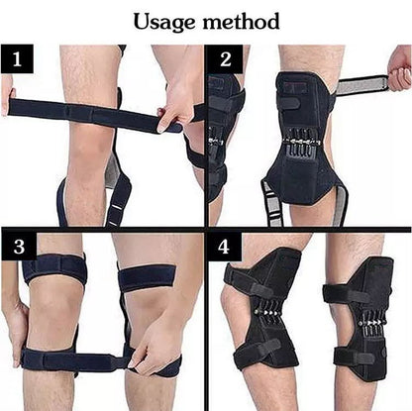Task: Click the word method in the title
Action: [243, 21]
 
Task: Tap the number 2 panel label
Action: [227, 60]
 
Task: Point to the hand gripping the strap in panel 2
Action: [399, 67]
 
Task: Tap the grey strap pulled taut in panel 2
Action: [360, 85]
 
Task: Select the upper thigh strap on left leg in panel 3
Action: [55, 267]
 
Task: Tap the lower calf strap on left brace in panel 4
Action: [259, 353]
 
